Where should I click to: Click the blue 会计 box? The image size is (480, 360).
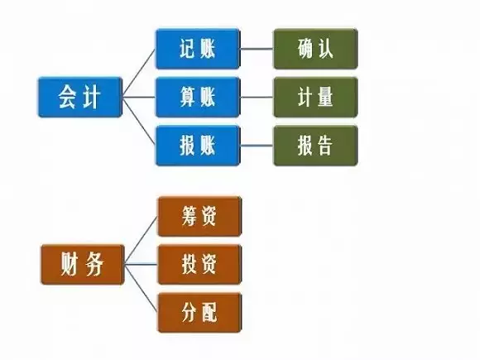click(x=80, y=97)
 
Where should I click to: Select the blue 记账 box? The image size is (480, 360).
click(x=198, y=49)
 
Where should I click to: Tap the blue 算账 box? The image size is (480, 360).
click(x=198, y=97)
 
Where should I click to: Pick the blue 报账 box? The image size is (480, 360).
click(x=198, y=146)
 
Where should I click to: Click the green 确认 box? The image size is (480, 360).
click(x=315, y=49)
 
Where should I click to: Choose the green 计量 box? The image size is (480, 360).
click(x=315, y=97)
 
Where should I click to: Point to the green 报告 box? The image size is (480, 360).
click(x=315, y=146)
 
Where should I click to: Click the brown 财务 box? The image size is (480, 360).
click(x=83, y=265)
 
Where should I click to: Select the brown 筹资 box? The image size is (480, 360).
click(x=199, y=217)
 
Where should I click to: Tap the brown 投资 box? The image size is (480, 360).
click(x=199, y=265)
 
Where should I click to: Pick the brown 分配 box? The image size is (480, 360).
click(x=199, y=313)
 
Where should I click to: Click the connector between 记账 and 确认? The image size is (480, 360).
click(x=257, y=49)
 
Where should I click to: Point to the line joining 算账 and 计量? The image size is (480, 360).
click(x=257, y=97)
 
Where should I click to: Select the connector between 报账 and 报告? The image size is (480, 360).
click(x=257, y=146)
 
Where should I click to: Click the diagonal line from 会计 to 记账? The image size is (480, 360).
click(x=139, y=73)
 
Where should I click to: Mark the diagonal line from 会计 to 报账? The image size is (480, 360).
click(x=139, y=121)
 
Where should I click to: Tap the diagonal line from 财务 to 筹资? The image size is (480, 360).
click(x=142, y=240)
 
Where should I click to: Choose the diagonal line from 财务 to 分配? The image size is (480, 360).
click(x=142, y=288)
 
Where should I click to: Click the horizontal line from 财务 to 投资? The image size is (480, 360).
click(x=142, y=264)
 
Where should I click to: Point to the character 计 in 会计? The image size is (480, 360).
click(x=92, y=97)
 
